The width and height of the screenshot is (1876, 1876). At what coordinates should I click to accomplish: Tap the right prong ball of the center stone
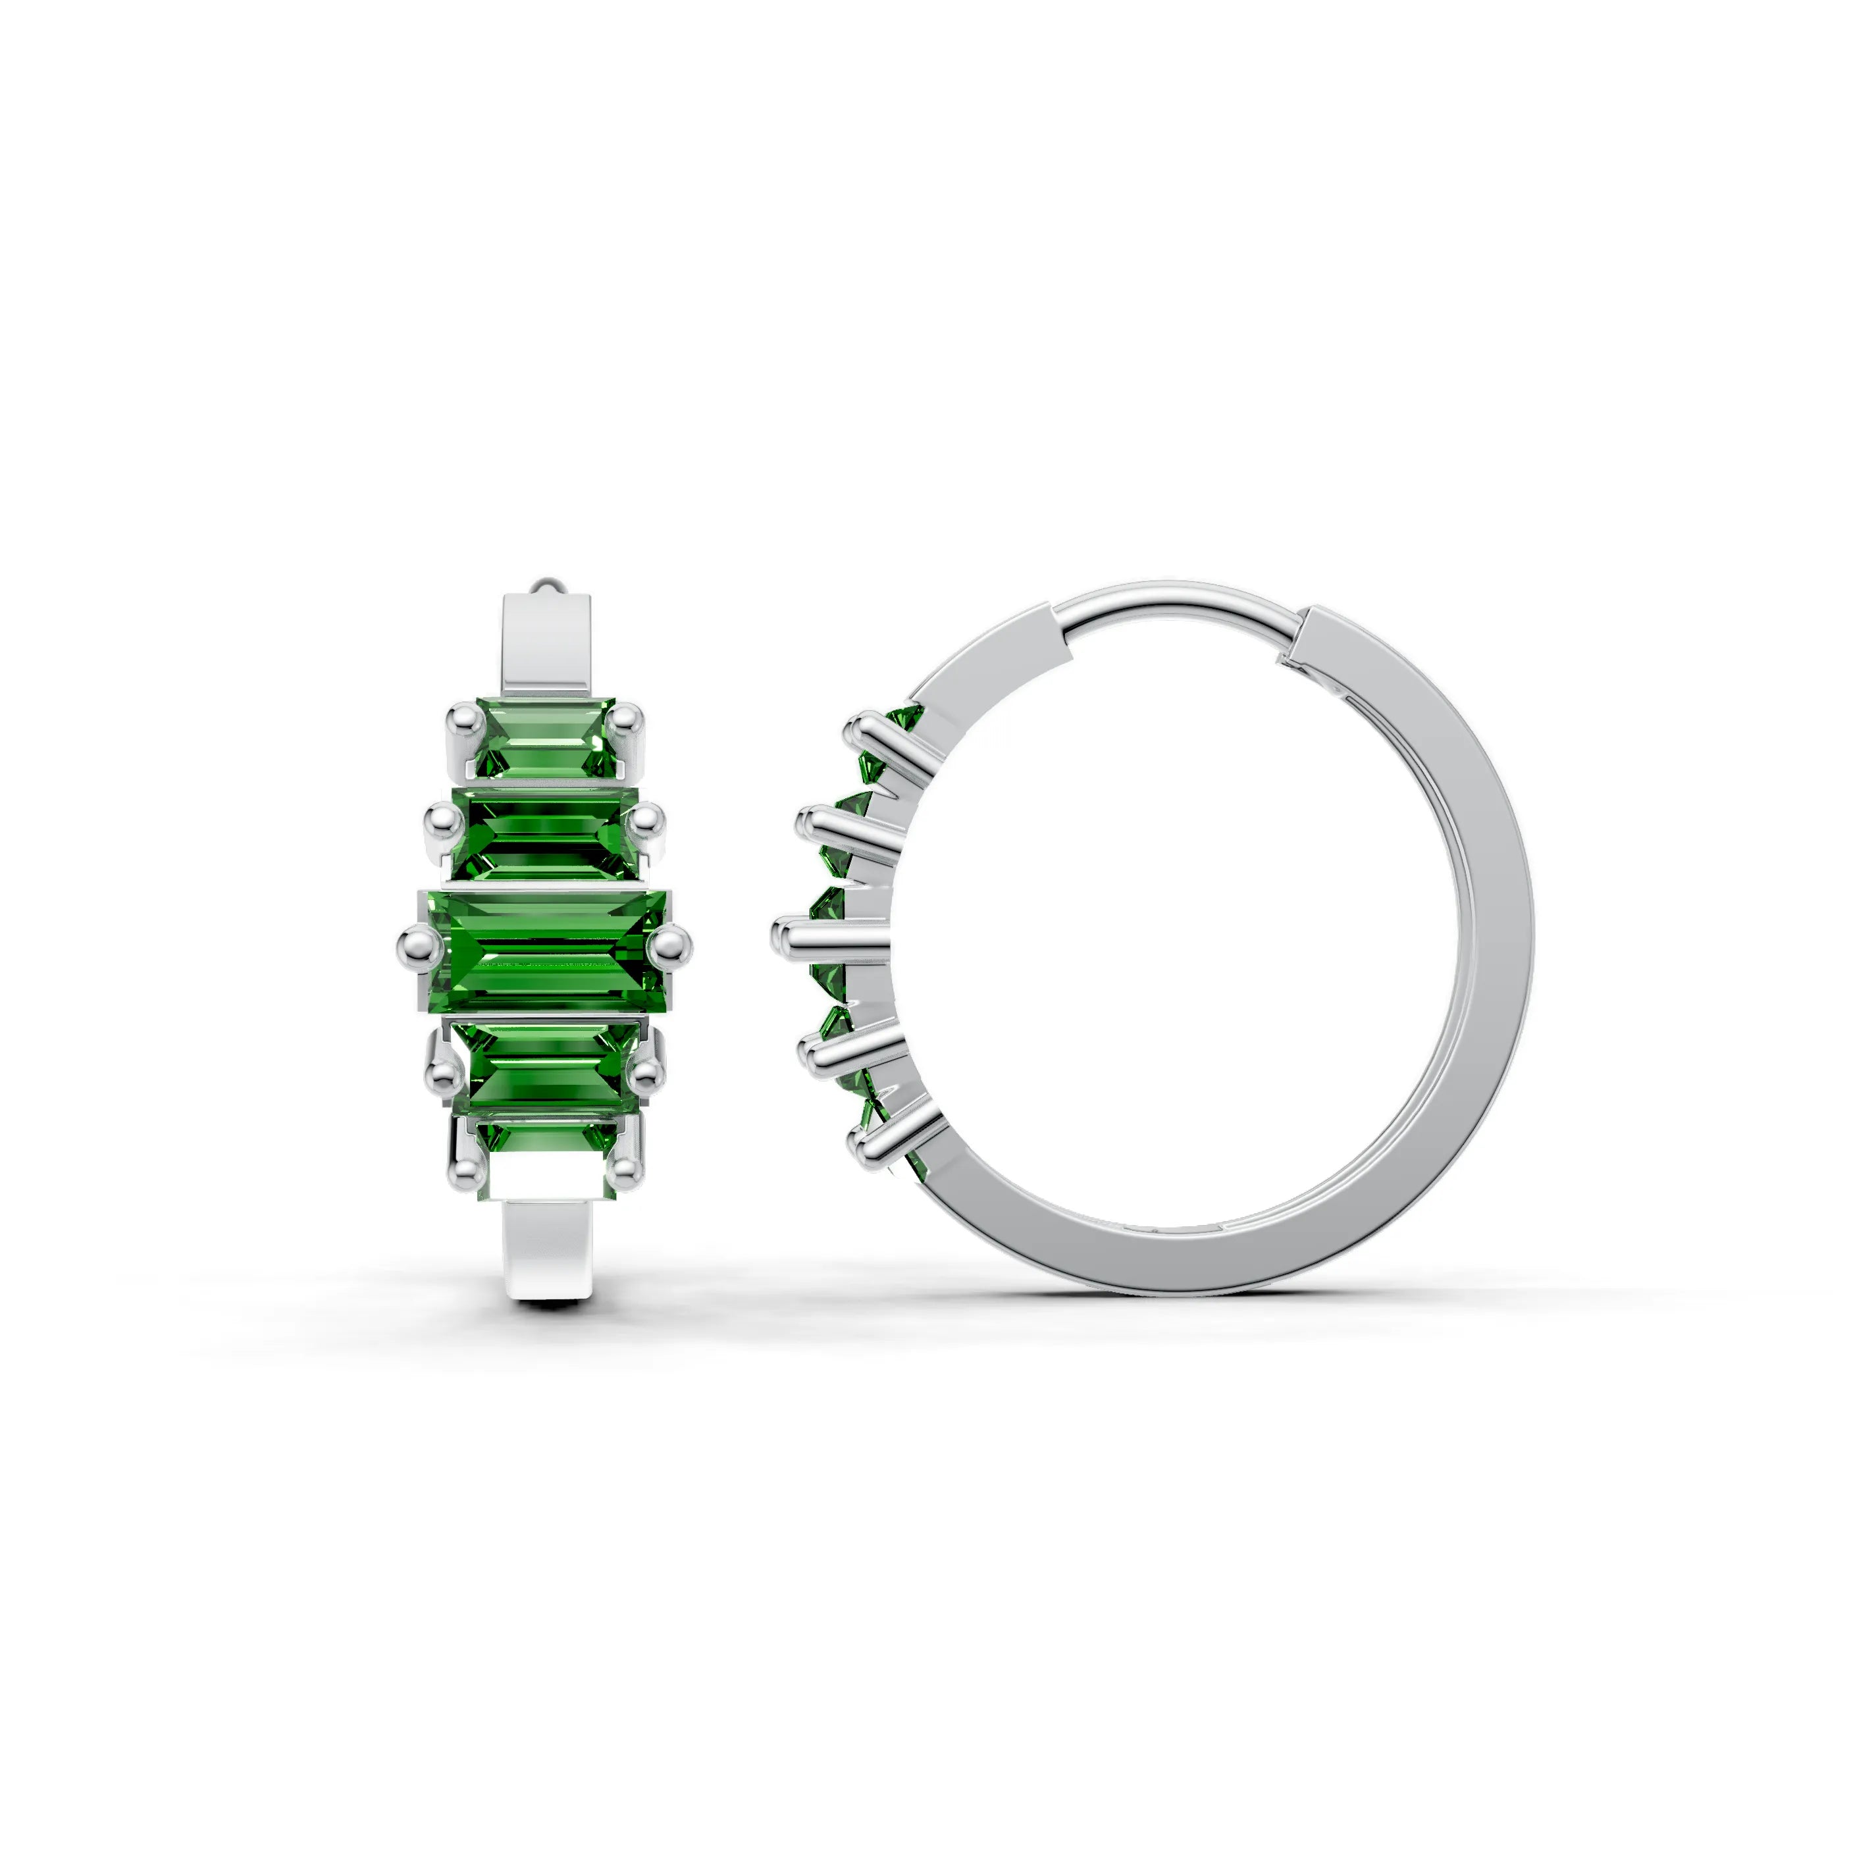pos(670,943)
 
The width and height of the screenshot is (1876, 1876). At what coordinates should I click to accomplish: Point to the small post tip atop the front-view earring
pos(547,586)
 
